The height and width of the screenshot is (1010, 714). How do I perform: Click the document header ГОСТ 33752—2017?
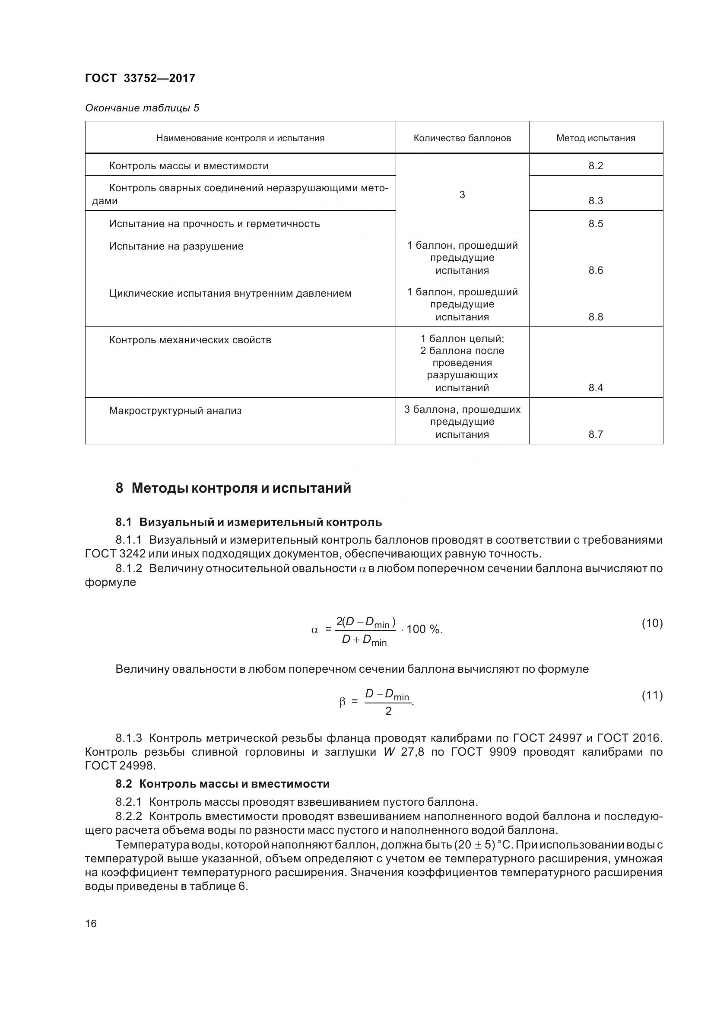pos(140,78)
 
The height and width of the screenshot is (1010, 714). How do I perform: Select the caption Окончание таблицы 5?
pos(142,108)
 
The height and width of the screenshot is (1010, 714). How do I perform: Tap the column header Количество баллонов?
pos(462,138)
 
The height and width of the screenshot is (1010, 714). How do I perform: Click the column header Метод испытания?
pos(595,138)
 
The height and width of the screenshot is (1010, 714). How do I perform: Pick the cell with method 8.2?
pos(595,166)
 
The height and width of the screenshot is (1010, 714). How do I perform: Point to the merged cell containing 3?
pos(462,194)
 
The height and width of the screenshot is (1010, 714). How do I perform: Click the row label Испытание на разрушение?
pos(176,246)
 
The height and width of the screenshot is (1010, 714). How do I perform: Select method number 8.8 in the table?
pos(595,317)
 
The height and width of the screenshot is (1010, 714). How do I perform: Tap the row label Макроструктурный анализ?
pos(175,411)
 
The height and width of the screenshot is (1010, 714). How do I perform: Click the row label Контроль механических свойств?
pos(190,340)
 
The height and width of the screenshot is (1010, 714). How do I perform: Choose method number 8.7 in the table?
pos(595,434)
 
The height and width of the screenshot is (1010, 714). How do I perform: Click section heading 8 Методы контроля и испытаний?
pos(233,488)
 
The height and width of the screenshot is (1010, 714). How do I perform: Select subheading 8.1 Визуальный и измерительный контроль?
pos(248,522)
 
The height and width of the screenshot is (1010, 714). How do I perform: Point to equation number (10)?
pos(651,623)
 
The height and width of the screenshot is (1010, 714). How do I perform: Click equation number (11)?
pos(651,695)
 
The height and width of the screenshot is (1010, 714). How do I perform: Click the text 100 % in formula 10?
pos(423,630)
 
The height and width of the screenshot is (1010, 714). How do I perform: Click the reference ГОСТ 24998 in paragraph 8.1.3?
pos(120,766)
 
